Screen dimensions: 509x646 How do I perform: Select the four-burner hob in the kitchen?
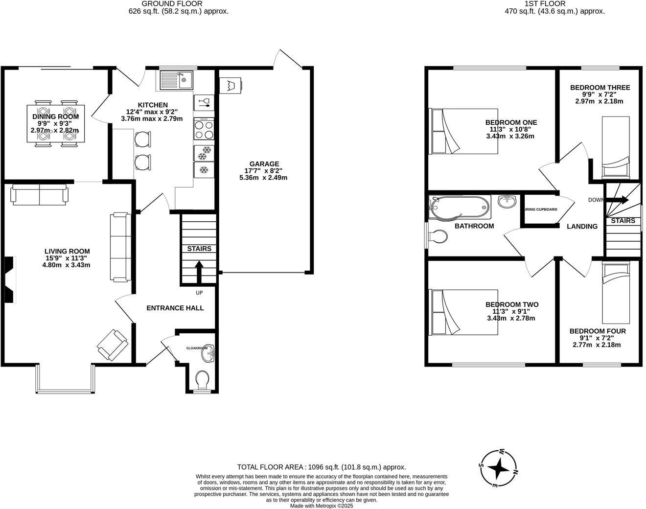(x=204, y=129)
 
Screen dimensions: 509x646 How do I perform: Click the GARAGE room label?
(x=264, y=164)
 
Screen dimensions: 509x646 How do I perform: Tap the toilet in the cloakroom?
(x=201, y=379)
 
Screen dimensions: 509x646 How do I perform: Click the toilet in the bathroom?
(x=437, y=237)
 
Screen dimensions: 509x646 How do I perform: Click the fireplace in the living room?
(x=9, y=279)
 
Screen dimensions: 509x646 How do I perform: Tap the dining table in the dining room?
(x=55, y=123)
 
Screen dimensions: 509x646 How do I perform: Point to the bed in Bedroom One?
(x=463, y=131)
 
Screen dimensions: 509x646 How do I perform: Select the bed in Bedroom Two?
(x=463, y=312)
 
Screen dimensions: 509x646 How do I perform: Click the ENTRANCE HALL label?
(x=175, y=308)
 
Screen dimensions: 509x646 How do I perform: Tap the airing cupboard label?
(x=541, y=209)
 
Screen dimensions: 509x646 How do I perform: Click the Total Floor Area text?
(x=321, y=467)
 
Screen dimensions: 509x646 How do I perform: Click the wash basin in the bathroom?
(x=508, y=201)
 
